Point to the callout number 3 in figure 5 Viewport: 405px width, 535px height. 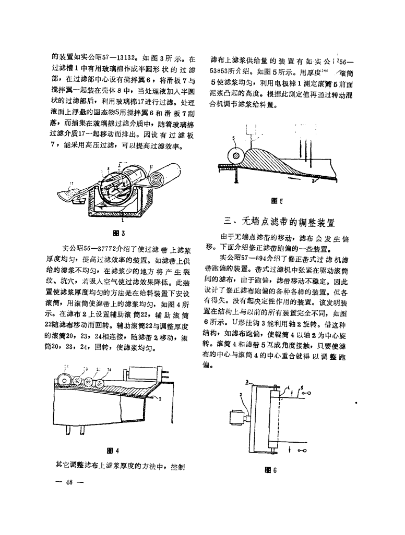coord(313,181)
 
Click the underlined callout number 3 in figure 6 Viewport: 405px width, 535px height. coord(247,382)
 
